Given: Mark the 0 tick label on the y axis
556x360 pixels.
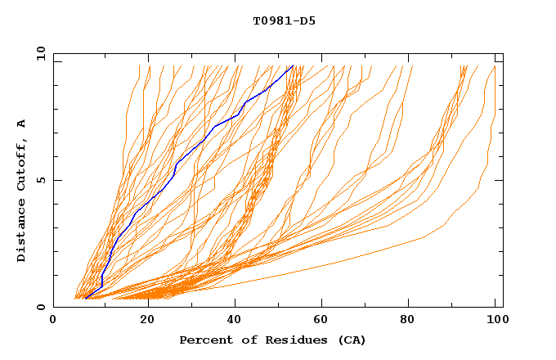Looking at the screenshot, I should tap(40, 307).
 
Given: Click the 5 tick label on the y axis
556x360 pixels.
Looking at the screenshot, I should tap(40, 180).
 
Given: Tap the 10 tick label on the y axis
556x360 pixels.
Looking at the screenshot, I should tap(40, 53).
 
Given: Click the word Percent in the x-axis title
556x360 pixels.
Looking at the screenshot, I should tap(203, 340).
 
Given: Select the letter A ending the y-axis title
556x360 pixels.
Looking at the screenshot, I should tap(21, 123).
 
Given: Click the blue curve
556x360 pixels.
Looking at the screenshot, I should tap(176, 164).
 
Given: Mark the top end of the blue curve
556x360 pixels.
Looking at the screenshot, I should tap(292, 66).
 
